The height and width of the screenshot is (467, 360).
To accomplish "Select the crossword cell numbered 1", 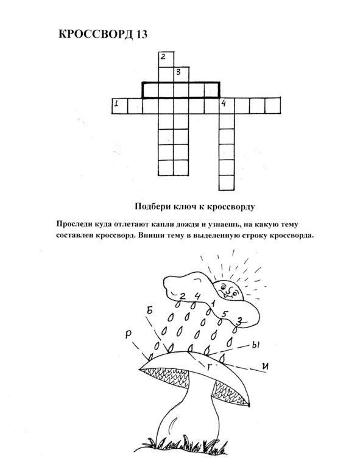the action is click(x=119, y=105).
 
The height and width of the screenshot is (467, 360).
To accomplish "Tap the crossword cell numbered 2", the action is click(x=166, y=59).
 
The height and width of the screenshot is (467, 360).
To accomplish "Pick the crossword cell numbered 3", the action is click(x=181, y=74).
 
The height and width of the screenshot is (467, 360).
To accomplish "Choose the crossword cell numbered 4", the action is click(x=227, y=105).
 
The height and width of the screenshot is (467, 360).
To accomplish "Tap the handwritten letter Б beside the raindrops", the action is click(x=149, y=311).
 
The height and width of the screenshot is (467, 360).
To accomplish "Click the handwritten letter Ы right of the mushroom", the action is click(x=256, y=345).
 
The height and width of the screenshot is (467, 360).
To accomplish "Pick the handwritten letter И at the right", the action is click(x=264, y=366).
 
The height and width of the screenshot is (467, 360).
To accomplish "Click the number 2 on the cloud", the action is click(x=182, y=296).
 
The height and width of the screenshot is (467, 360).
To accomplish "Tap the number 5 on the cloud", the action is click(x=225, y=314).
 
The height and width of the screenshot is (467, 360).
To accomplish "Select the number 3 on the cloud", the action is click(x=239, y=321).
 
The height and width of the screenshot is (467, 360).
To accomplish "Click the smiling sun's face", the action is click(x=229, y=289).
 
